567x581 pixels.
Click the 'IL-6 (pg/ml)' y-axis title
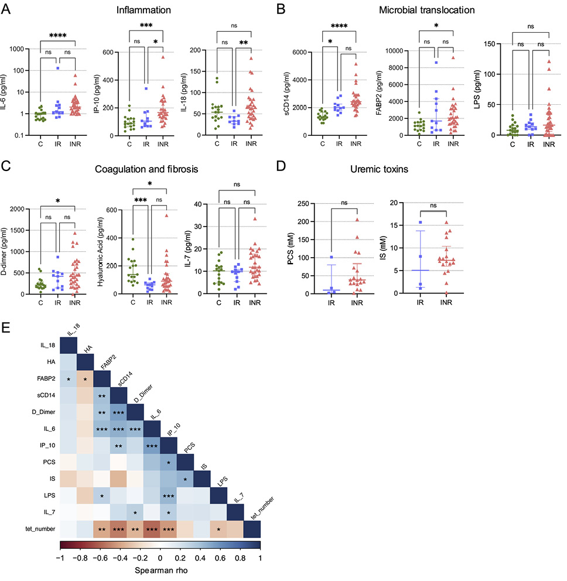6,86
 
